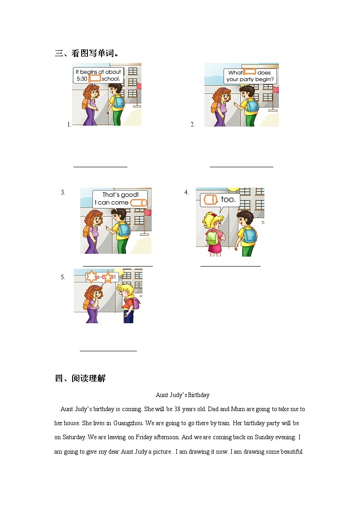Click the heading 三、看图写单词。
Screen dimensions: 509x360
[87, 53]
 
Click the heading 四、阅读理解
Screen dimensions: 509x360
[80, 378]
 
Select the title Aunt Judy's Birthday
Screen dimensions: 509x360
[182, 395]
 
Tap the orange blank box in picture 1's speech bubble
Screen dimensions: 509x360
[94, 78]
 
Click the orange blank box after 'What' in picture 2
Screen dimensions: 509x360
[250, 72]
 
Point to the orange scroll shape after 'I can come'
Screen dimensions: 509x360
[138, 203]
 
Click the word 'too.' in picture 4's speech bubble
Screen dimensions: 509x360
[228, 199]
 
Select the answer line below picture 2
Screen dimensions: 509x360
[241, 167]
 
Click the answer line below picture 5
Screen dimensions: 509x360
[108, 350]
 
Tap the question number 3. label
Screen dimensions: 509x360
[63, 192]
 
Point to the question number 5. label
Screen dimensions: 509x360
[63, 277]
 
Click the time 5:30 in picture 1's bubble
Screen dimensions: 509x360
[82, 79]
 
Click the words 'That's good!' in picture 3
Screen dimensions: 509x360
[120, 195]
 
